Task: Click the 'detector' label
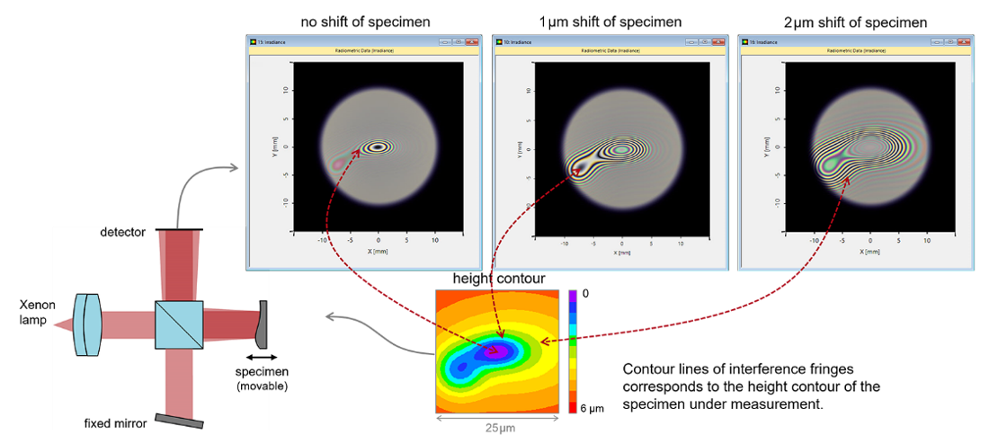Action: [123, 233]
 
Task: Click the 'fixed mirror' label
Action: [115, 423]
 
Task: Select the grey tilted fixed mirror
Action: [179, 421]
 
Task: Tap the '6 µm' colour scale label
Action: [593, 409]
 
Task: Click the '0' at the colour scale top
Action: [584, 294]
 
